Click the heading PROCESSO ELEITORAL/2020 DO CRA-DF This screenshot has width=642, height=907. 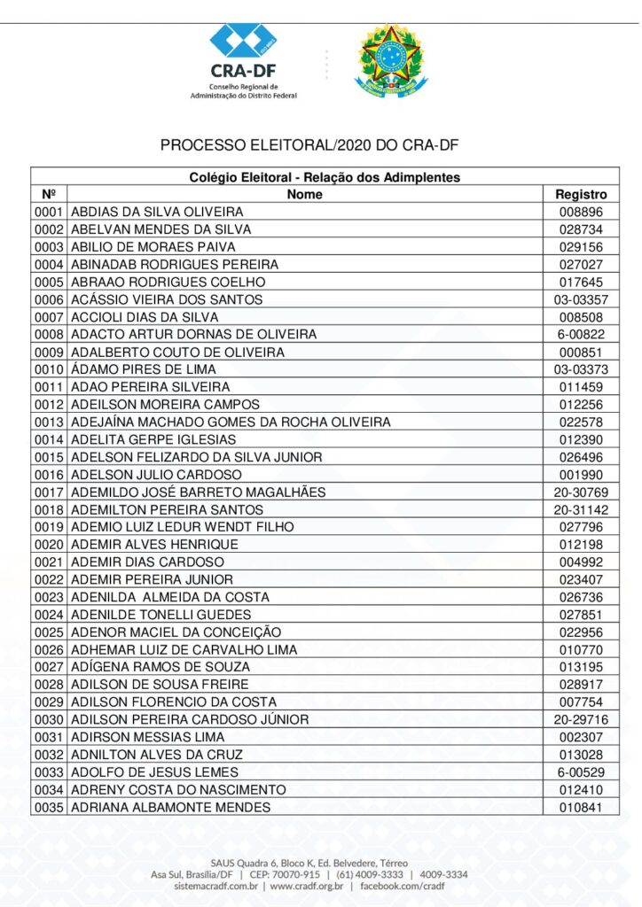pos(309,145)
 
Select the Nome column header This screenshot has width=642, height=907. pos(304,194)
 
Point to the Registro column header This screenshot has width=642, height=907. pos(581,194)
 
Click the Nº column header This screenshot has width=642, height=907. pos(49,194)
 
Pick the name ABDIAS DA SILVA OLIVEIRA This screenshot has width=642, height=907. pos(156,212)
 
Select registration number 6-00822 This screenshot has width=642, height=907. pos(581,335)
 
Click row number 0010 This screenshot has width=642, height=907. pos(49,369)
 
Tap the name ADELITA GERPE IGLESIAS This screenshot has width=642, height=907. pos(153,439)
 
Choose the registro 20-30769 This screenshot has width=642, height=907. pos(581,492)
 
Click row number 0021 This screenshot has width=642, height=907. pos(49,562)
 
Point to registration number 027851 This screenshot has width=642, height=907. pos(581,615)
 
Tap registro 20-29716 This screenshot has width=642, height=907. pos(581,719)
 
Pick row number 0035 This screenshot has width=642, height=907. pos(49,807)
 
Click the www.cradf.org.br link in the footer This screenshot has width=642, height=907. pos(307,886)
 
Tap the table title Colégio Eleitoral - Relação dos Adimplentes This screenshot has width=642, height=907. pos(325,177)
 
